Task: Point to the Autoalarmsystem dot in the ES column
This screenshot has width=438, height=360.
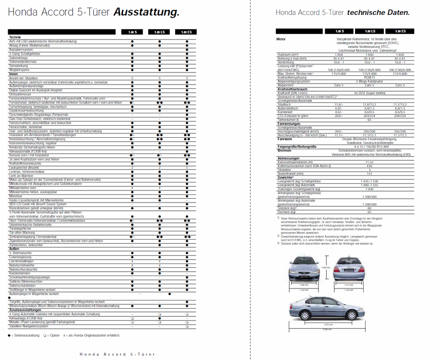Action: coord(187,49)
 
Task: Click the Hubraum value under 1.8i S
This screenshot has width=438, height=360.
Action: coord(339,55)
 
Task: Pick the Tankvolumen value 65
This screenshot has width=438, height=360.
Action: coord(369,120)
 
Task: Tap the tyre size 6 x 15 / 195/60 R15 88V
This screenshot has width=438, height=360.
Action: coord(369,146)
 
